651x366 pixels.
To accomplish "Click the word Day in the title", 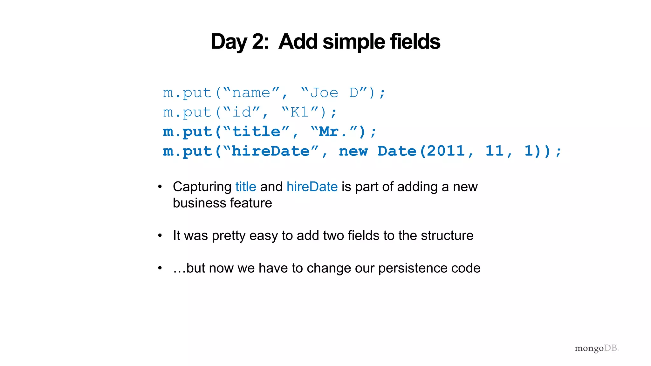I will click(x=229, y=42).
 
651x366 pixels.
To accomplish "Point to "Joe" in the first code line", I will click(x=324, y=93).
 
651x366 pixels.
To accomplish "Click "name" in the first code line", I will click(x=251, y=93).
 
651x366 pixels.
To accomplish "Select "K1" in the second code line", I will click(x=299, y=112).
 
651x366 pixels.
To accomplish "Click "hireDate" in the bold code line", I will click(x=271, y=151).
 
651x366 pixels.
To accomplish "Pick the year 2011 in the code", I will click(x=446, y=151).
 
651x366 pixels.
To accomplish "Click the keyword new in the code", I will click(x=353, y=151).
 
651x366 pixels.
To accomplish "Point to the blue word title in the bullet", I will click(x=246, y=187).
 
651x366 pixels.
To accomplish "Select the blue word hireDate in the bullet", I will click(x=312, y=187).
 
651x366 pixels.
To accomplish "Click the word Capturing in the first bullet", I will click(x=202, y=187).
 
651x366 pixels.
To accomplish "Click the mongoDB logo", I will click(x=596, y=349).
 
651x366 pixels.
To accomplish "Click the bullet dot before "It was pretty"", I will click(x=160, y=236).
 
